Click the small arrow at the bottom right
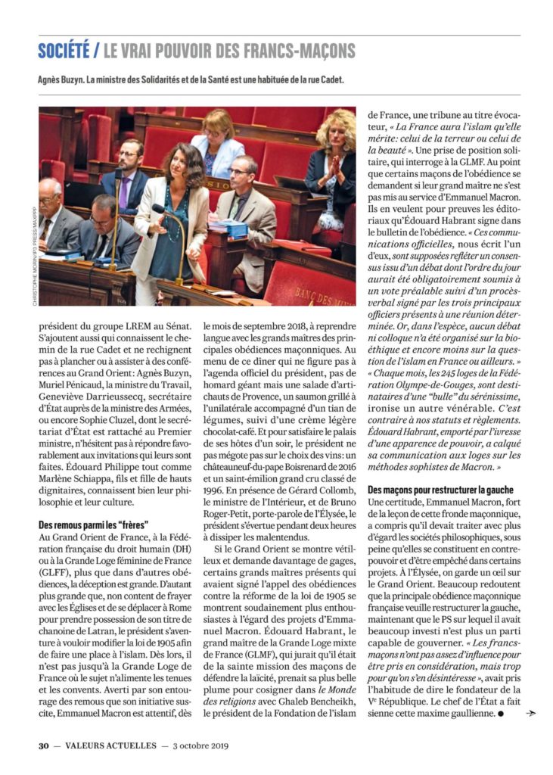[531, 714]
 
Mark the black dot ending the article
[500, 714]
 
